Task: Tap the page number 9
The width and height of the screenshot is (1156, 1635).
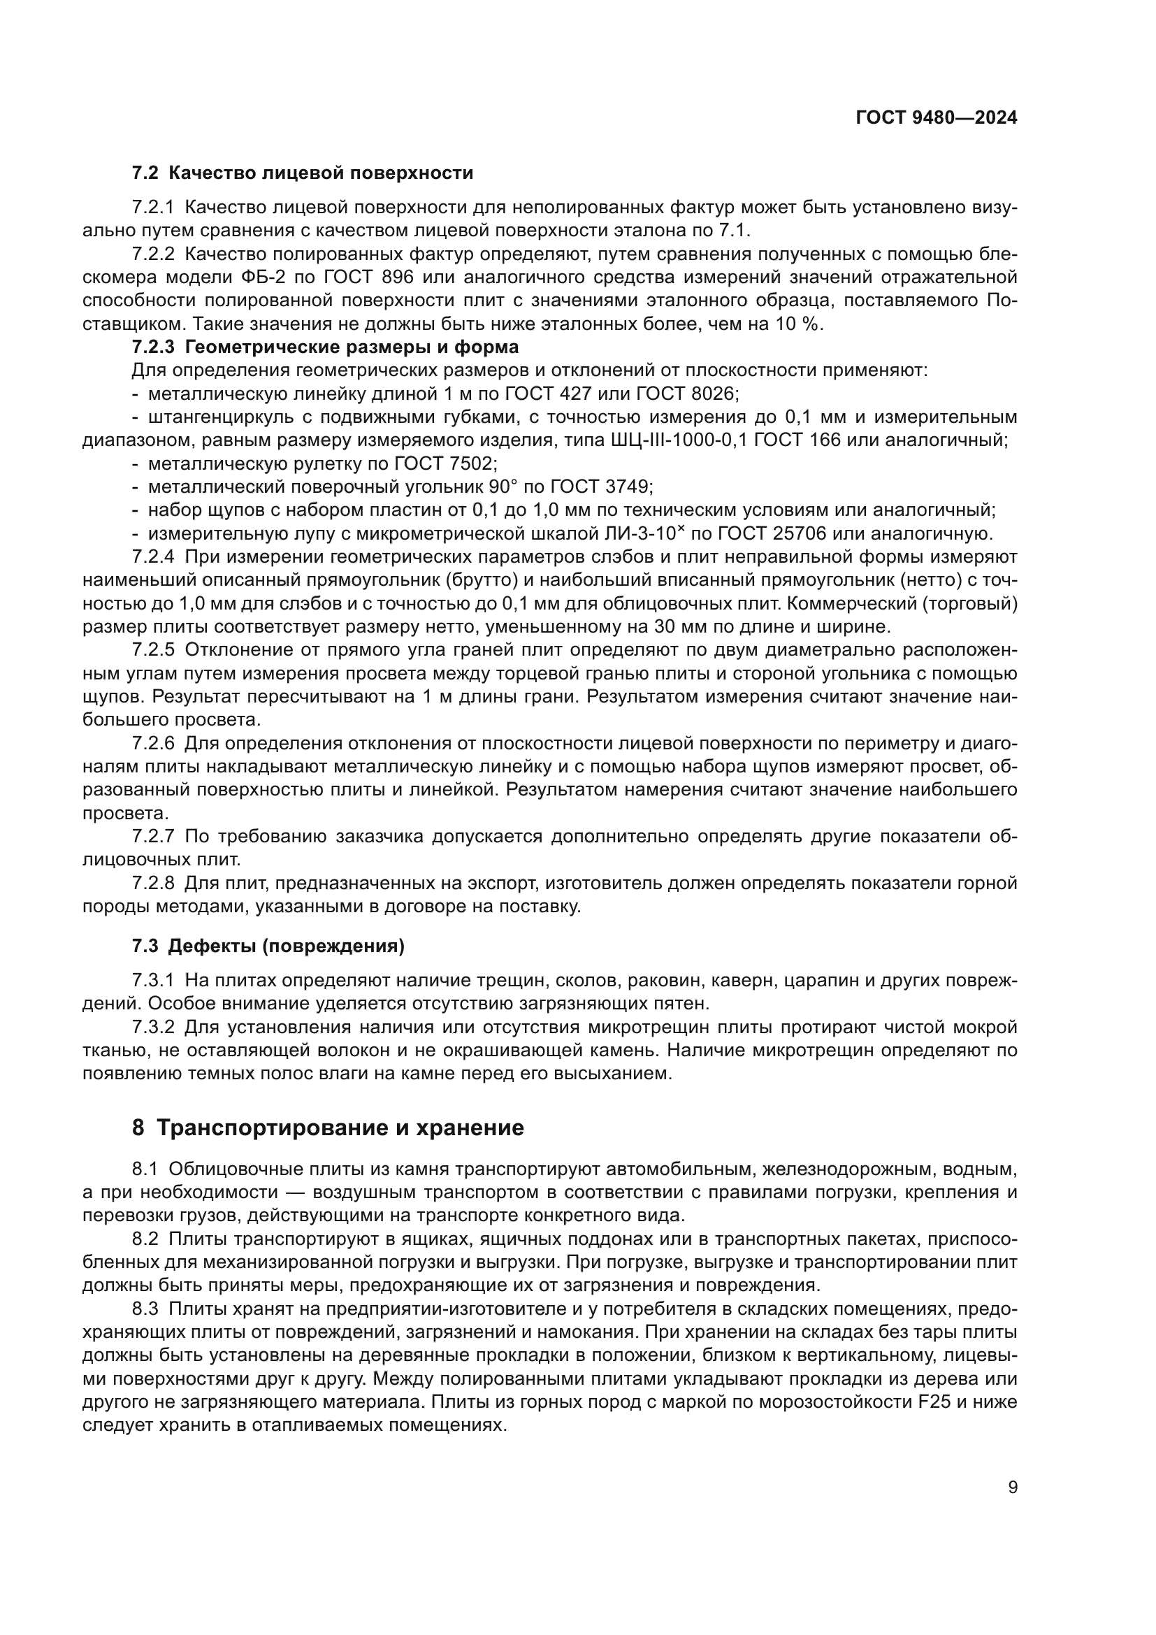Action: pos(1013,1488)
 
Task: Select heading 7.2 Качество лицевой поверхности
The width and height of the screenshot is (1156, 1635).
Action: pos(303,173)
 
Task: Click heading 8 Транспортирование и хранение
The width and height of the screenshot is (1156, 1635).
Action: pos(328,1128)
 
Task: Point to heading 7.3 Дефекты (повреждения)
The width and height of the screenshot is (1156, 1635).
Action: pos(268,946)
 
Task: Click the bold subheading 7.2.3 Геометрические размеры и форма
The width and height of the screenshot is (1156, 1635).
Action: pos(324,347)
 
